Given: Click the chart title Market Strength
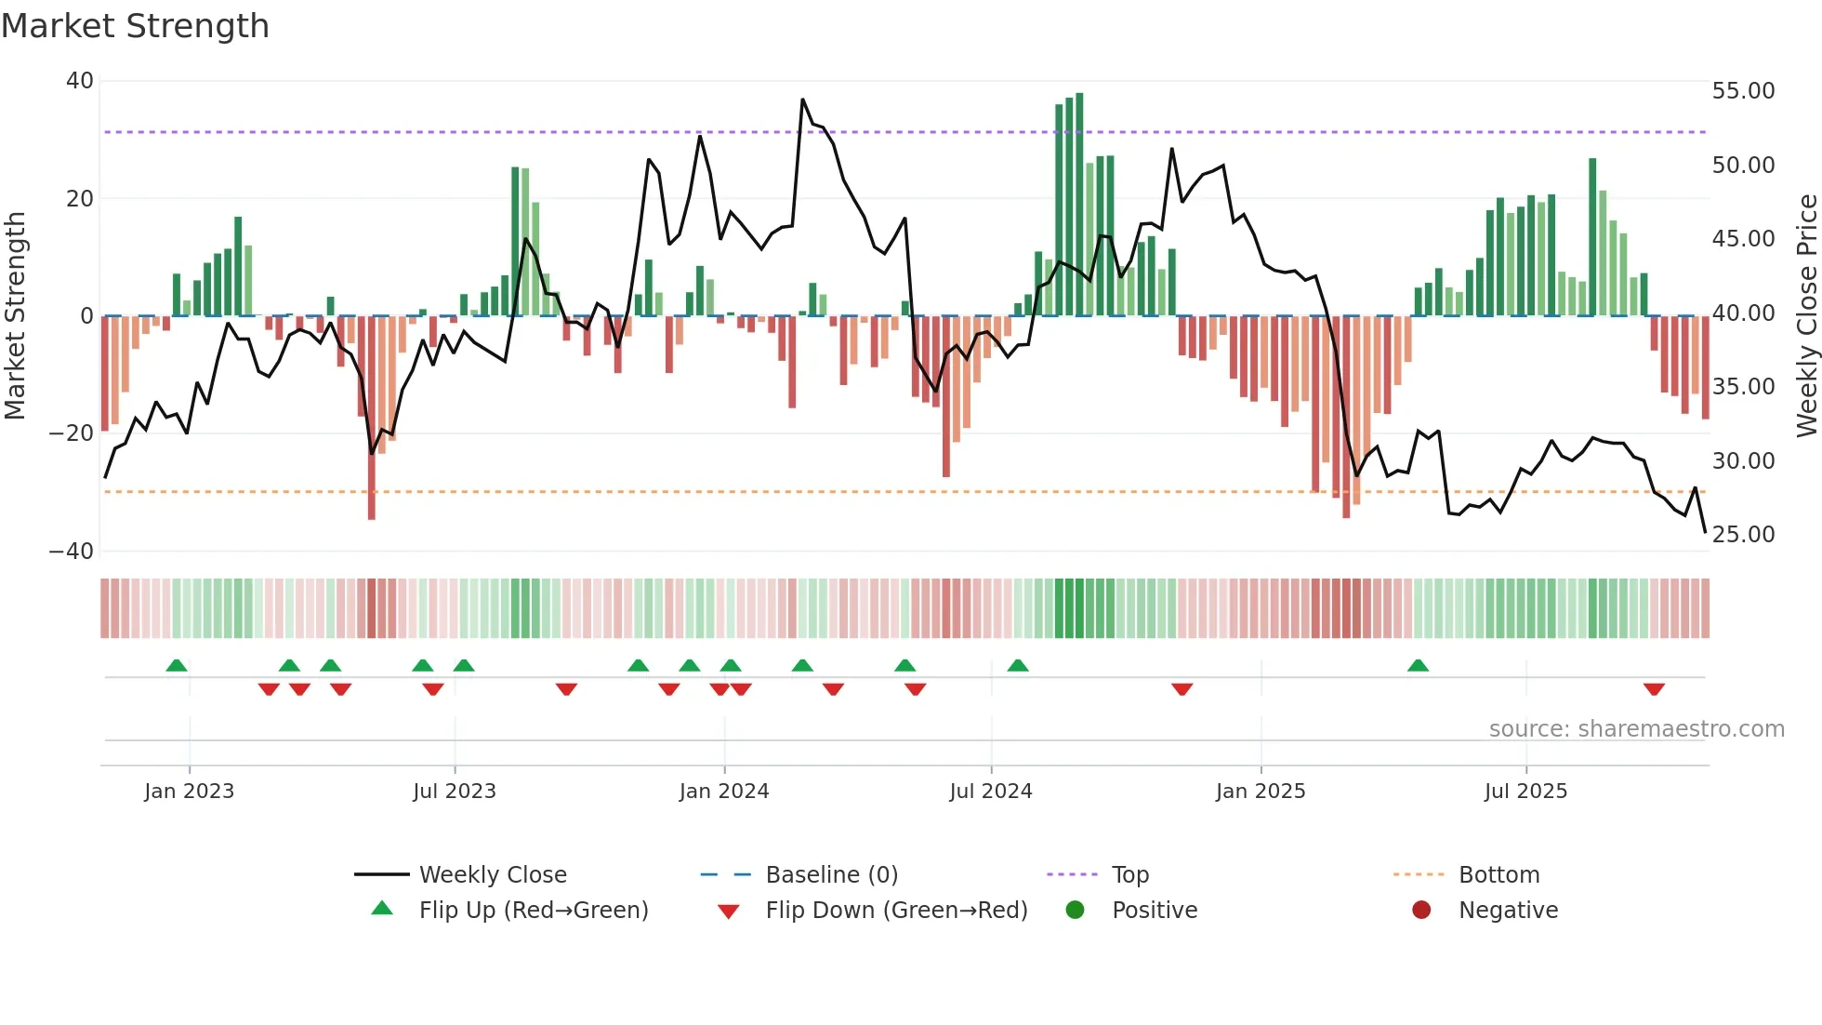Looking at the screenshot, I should click(x=135, y=26).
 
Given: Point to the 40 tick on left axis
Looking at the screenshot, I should click(x=80, y=81).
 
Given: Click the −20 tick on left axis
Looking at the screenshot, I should click(x=71, y=433).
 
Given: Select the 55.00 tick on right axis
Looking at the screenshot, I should click(x=1743, y=91).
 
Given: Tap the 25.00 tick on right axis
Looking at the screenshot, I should click(x=1743, y=535).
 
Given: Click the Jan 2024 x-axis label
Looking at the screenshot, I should click(x=724, y=792).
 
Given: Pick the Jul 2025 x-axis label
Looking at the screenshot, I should click(x=1525, y=792).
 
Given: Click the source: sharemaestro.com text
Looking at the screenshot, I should click(x=1636, y=729).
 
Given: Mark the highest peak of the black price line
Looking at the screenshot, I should click(x=802, y=100).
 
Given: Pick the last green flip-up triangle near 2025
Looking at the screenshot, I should click(x=1418, y=666).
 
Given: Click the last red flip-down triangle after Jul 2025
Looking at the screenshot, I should click(x=1654, y=689).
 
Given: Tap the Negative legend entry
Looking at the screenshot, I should click(x=1507, y=911).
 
